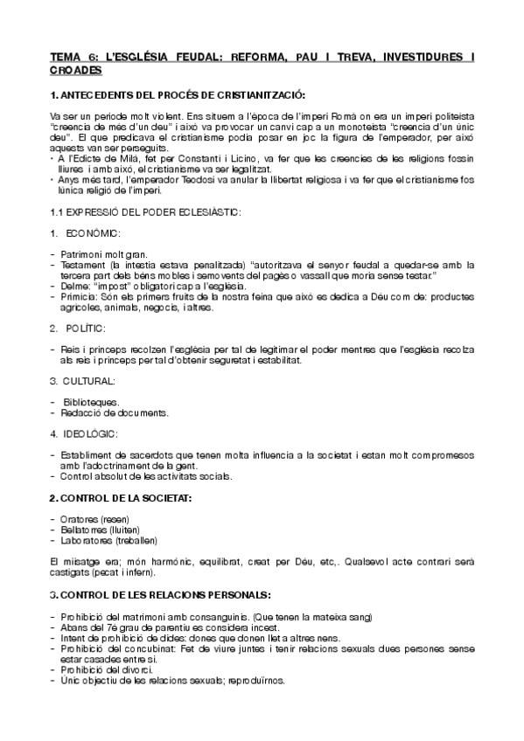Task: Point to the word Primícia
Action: [x=78, y=297]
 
